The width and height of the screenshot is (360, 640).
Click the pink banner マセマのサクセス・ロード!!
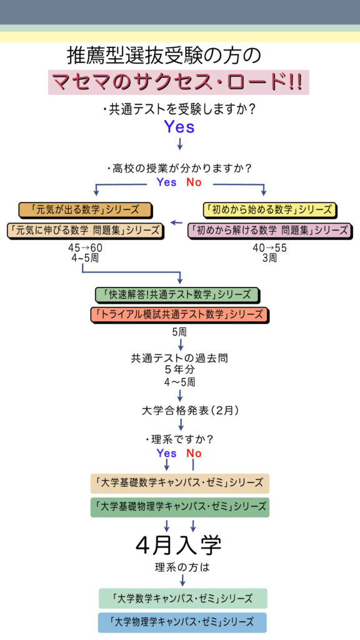[x=178, y=82]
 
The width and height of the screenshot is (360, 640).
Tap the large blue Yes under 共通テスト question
[x=179, y=127]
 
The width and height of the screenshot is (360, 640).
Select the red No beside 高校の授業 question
[x=194, y=182]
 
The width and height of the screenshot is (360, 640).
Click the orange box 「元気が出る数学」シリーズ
[x=85, y=210]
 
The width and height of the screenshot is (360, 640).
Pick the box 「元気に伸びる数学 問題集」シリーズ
[x=85, y=231]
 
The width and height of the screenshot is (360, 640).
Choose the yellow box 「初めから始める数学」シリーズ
[x=270, y=210]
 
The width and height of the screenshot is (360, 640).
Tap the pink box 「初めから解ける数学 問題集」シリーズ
[x=270, y=231]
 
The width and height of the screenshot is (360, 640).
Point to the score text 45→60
[x=83, y=247]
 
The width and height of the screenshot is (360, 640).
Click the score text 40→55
[x=269, y=247]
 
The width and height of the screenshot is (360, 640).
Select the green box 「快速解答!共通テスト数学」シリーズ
[x=178, y=295]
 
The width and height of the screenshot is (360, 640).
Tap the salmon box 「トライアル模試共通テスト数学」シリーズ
[x=179, y=315]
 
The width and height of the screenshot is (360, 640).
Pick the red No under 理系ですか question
[x=194, y=454]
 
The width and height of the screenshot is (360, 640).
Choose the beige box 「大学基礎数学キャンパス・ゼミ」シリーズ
[x=180, y=483]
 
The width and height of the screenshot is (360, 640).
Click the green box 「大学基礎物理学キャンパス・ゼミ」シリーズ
[x=180, y=507]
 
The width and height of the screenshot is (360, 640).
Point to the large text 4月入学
[x=178, y=544]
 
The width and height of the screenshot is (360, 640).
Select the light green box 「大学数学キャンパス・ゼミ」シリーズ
[x=183, y=598]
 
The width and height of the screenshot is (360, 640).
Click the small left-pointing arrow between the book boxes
[x=176, y=223]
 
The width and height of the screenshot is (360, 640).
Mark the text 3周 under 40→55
[x=269, y=258]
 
